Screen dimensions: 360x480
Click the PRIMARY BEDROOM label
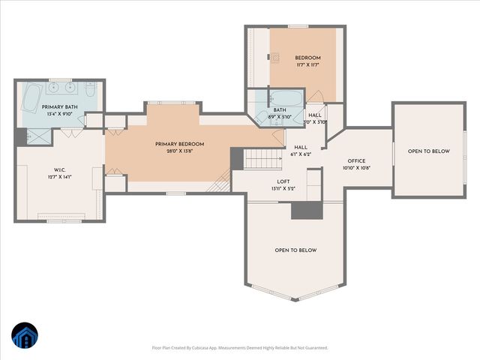coord(179,144)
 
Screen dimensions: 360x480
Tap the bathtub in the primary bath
coord(32,97)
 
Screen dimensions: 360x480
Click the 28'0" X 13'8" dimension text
coord(179,151)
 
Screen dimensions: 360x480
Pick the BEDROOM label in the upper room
coord(307,58)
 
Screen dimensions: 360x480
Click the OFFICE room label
coord(355,161)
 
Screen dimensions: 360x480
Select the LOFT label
coord(283,181)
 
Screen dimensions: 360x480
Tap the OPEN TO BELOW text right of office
coord(428,151)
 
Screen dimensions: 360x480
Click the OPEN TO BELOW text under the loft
coord(295,250)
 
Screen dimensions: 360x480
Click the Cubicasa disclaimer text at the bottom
coord(239,347)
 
